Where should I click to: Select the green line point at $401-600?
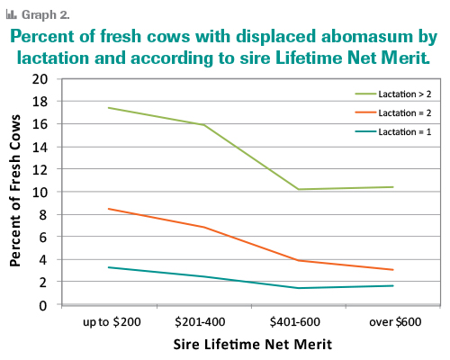tap(298, 189)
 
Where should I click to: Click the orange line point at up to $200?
tap(109, 209)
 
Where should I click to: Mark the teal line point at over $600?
tap(392, 286)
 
